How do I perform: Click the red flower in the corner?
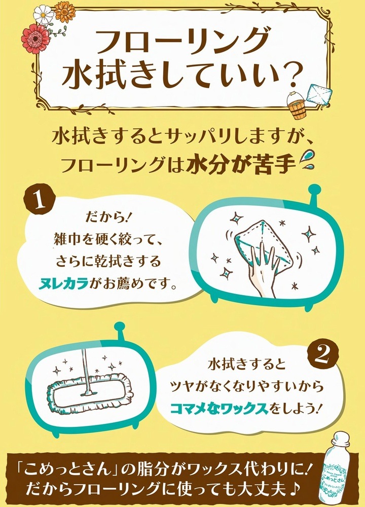pos(35,39)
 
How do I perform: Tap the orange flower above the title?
pos(65,12)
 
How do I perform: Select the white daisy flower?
pos(44,14)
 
